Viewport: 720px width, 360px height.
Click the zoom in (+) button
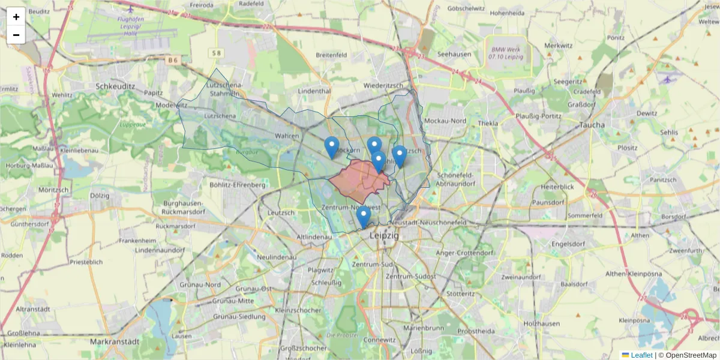[16, 17]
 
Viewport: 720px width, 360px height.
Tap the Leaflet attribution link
[641, 355]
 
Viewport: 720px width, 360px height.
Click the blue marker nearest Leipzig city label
[363, 217]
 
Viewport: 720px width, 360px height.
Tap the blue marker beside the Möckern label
[331, 148]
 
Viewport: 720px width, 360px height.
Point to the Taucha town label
[592, 125]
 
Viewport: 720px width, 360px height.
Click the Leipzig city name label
[385, 235]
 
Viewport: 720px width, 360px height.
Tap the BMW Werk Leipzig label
[505, 53]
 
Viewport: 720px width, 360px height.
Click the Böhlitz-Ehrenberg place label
[237, 185]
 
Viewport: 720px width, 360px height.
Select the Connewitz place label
[379, 340]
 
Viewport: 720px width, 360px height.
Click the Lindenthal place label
[314, 91]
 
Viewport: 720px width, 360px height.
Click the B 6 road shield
[173, 60]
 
